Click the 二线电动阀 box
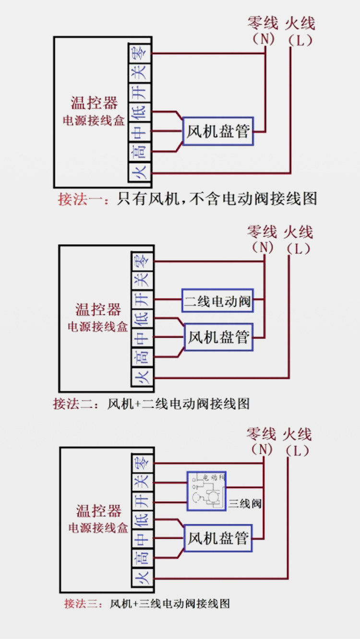(217, 301)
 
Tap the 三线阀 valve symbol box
(206, 491)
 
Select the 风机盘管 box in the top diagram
(218, 131)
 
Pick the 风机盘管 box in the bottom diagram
(218, 538)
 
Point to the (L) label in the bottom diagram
(298, 450)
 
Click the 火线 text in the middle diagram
(298, 232)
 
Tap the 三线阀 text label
(245, 504)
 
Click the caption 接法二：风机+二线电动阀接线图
(151, 404)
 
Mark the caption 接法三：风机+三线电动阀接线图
(147, 603)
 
